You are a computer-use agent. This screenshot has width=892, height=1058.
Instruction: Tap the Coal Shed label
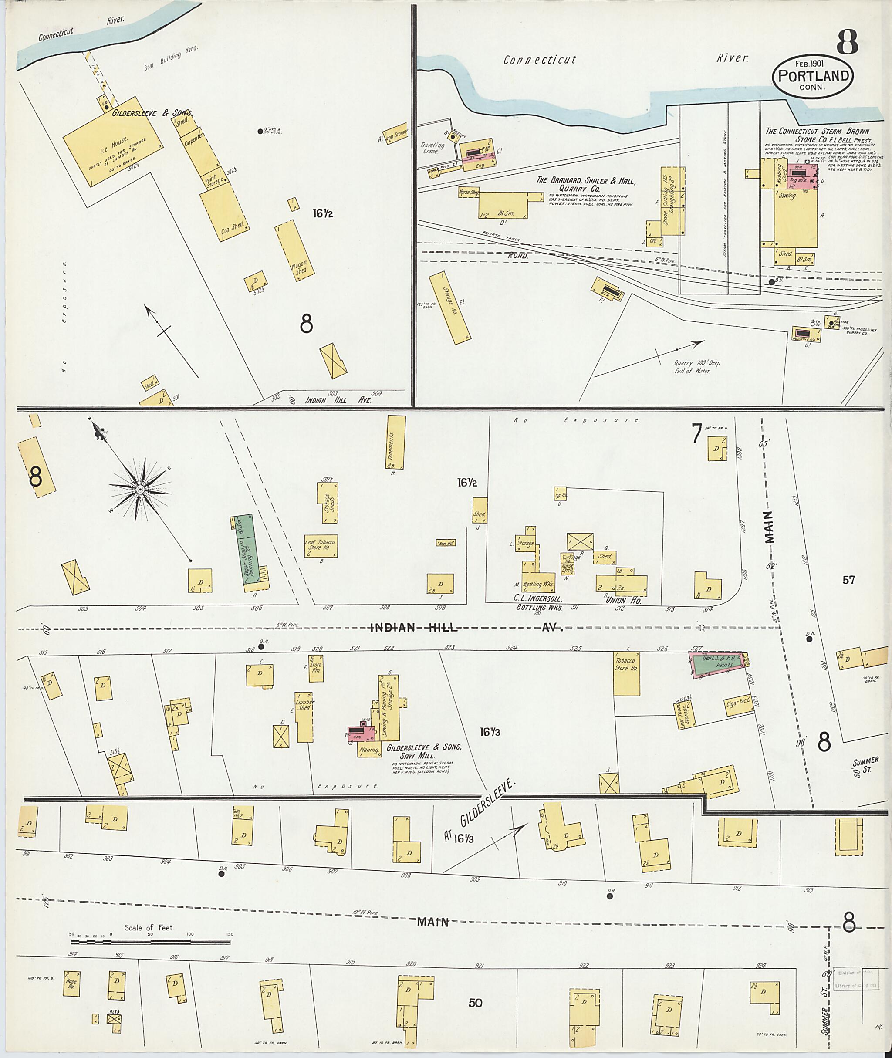click(x=233, y=229)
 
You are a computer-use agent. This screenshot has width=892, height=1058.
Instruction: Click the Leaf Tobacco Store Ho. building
click(x=321, y=546)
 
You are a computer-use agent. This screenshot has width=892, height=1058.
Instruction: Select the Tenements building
click(x=396, y=442)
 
